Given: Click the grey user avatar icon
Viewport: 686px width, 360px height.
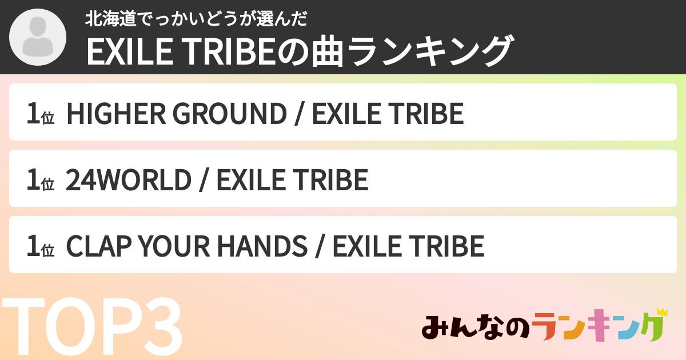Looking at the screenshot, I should (38, 38).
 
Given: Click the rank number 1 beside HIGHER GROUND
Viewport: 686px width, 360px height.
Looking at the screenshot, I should (33, 114).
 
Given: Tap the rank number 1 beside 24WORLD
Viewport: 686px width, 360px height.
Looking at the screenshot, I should (33, 180).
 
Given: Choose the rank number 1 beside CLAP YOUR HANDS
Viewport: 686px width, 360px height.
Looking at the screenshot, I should (33, 246).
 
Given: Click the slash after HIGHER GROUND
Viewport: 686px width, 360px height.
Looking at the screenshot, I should (298, 114).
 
